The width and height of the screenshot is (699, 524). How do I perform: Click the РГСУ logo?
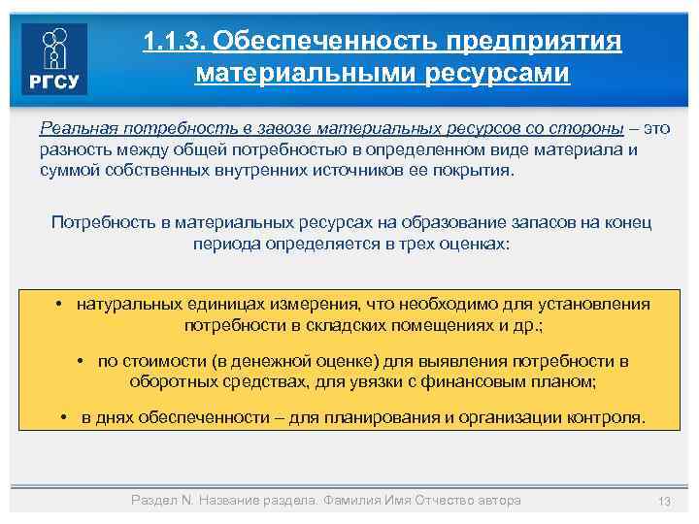pos(54,59)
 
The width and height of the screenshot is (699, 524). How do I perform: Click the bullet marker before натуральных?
pos(60,304)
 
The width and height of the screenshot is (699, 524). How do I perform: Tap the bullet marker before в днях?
pos(63,418)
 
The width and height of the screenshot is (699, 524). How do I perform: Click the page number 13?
pos(664,501)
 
